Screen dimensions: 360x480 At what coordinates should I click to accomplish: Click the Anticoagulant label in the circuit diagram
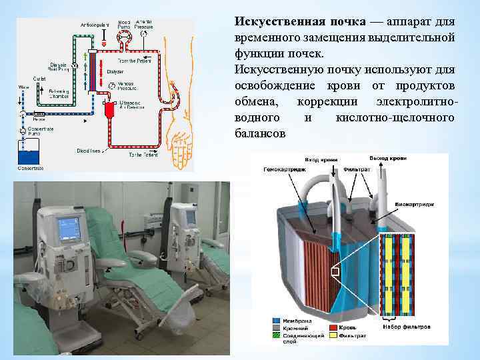[x=95, y=25]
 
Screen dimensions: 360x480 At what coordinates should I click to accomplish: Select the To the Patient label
[x=140, y=154]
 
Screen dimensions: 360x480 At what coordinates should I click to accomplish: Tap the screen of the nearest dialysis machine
[x=68, y=228]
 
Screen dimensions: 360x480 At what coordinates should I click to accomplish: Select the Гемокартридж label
[x=282, y=171]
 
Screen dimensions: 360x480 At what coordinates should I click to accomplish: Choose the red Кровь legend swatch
[x=332, y=329]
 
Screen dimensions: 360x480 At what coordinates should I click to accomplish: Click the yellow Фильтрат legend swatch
[x=332, y=336]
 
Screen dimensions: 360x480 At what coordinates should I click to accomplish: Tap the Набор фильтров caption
[x=406, y=327]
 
